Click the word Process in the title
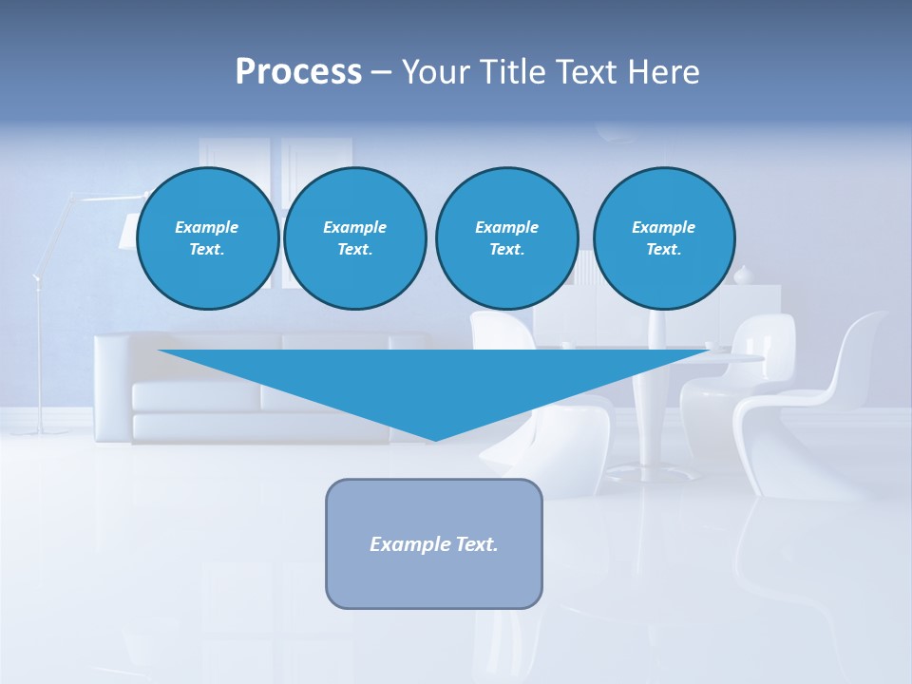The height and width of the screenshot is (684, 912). [x=298, y=72]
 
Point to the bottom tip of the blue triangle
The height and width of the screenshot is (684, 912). [x=435, y=439]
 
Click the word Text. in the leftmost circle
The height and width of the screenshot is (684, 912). [x=206, y=250]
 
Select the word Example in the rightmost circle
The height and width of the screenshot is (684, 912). [x=663, y=227]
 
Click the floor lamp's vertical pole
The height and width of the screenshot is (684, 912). [x=40, y=361]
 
